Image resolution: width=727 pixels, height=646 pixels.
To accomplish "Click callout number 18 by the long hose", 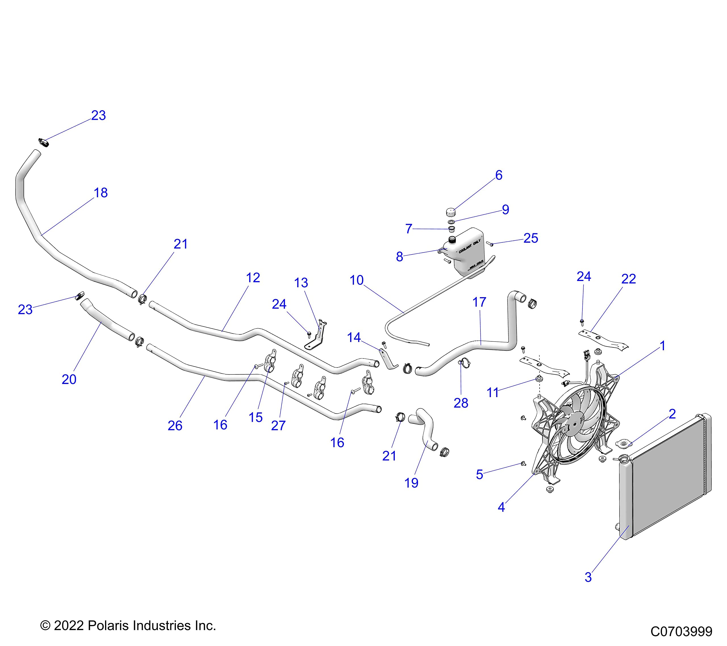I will [x=101, y=193].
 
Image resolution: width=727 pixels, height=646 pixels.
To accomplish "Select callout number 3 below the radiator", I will [x=588, y=577].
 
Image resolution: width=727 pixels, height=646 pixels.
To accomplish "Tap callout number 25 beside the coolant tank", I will [x=531, y=238].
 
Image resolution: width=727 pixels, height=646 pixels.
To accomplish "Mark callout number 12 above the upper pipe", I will [x=253, y=278].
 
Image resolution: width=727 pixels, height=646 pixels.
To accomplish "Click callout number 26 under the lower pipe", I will [x=175, y=425].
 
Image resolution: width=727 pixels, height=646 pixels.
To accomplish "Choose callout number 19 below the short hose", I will [x=411, y=483].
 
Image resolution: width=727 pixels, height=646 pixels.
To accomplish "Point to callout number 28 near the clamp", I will [x=461, y=403].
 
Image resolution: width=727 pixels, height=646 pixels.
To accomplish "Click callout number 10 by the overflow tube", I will [x=356, y=280].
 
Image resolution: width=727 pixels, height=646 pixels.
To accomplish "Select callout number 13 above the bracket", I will [x=301, y=283].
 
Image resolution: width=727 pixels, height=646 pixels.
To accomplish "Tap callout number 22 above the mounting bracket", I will [x=628, y=279].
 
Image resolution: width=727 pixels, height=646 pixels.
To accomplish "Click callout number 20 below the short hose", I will [x=69, y=379].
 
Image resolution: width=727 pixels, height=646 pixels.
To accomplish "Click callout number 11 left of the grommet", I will [x=493, y=393].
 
